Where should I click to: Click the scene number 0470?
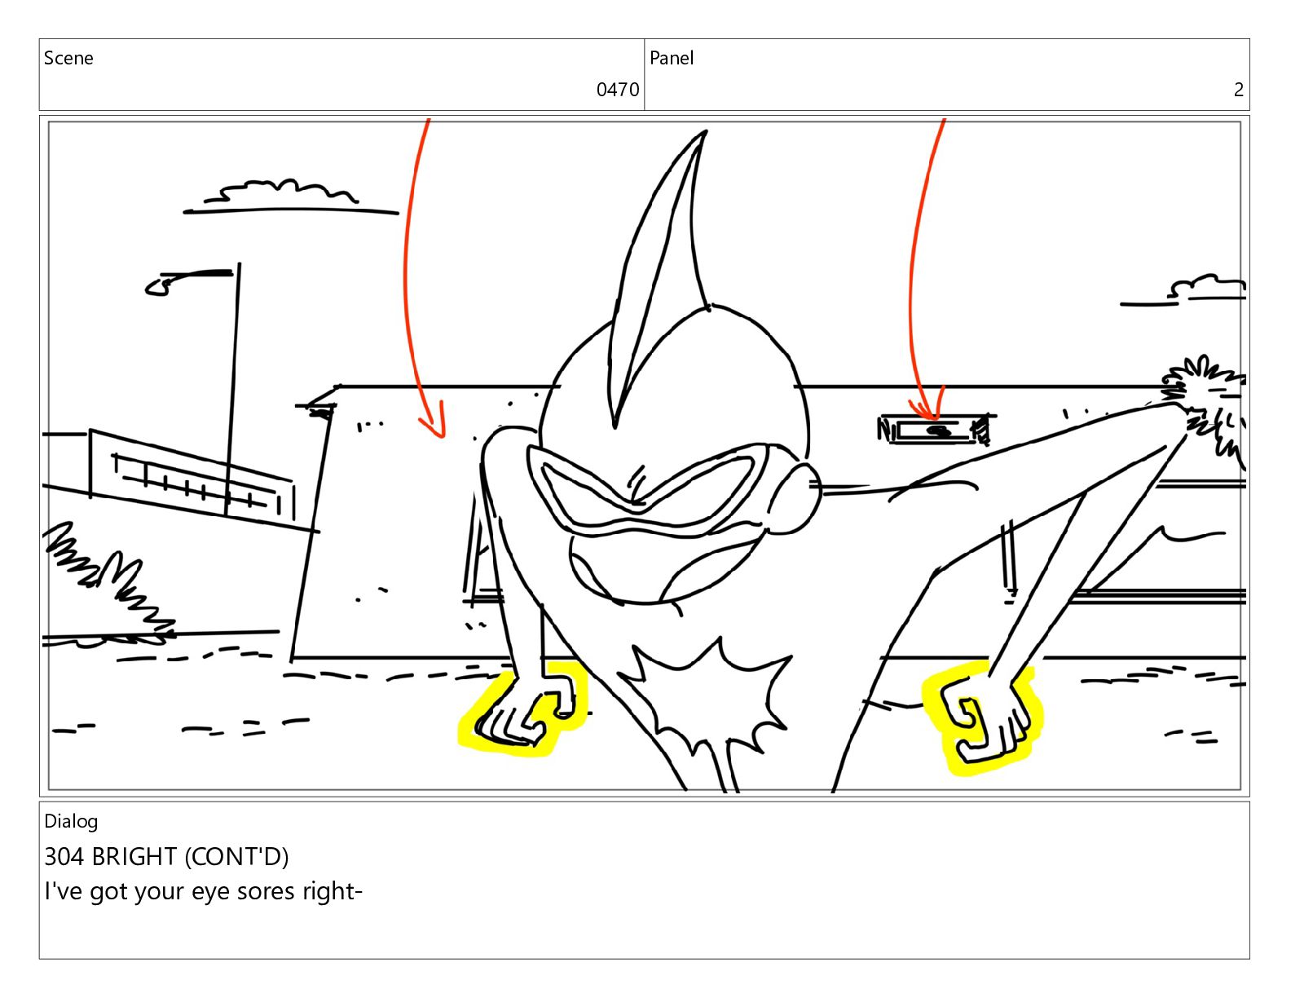pyautogui.click(x=617, y=90)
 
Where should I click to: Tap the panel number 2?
pyautogui.click(x=1238, y=90)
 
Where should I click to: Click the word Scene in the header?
pyautogui.click(x=68, y=58)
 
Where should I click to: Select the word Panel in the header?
pyautogui.click(x=672, y=58)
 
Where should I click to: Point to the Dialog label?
pyautogui.click(x=71, y=821)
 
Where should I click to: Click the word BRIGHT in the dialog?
pyautogui.click(x=134, y=857)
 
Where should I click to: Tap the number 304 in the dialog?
pyautogui.click(x=64, y=857)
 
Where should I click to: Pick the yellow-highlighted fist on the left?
pyautogui.click(x=524, y=713)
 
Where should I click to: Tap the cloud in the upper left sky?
pyautogui.click(x=285, y=193)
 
